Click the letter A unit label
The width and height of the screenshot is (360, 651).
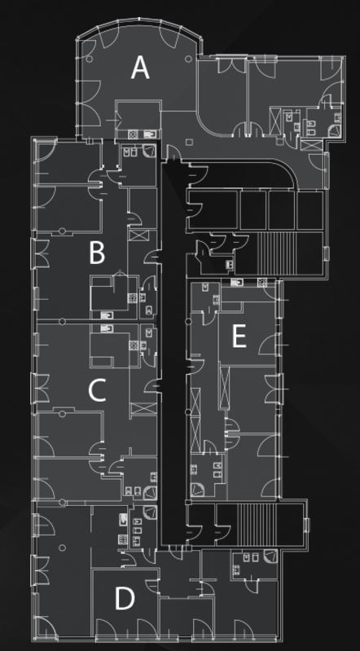coord(140,68)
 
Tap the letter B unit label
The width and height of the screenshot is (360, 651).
coord(97,253)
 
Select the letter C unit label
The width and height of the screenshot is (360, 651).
coord(97,391)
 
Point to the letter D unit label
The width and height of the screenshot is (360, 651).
coord(125,599)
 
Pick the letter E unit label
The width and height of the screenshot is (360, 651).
coord(239,336)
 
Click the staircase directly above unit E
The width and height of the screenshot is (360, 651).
coord(278,253)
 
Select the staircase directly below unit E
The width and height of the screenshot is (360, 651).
coord(257,523)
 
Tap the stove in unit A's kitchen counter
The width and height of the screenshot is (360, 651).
coord(133,134)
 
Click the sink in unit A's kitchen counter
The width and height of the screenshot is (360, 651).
coord(151,134)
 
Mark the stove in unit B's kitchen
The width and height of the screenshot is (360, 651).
coord(132,297)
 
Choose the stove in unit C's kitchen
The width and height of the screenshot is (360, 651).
coord(134,345)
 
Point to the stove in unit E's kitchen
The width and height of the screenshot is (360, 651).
coord(262,283)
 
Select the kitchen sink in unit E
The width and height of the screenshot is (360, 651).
coord(236,283)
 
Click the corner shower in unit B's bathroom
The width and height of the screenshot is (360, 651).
coord(150,151)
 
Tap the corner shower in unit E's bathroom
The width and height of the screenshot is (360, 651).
coord(197,490)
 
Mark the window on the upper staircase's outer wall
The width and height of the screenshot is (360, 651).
coord(326,253)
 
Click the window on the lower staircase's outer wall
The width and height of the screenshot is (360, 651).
coord(306,526)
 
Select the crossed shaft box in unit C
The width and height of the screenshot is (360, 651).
coord(144,408)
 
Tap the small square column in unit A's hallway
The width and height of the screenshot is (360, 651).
coord(189,142)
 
